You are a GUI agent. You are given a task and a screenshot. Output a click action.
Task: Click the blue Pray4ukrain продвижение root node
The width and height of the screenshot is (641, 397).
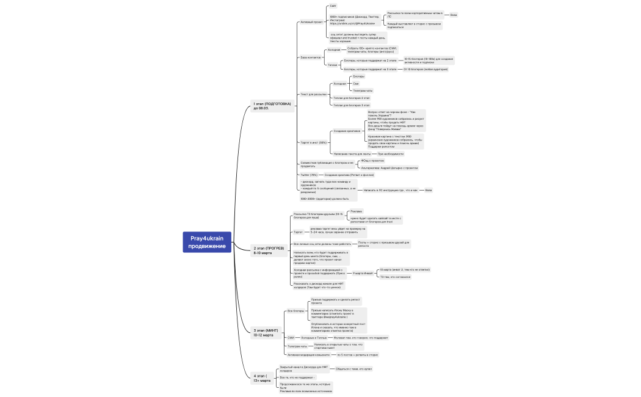(x=208, y=242)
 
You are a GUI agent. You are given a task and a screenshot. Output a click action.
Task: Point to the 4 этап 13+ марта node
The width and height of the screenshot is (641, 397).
(x=263, y=378)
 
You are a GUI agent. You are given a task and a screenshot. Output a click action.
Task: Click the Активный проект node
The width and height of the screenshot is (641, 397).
(x=311, y=21)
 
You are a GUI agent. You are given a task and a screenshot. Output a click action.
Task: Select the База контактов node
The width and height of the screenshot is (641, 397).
(x=310, y=57)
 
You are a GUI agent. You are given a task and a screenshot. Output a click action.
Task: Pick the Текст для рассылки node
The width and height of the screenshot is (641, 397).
(x=313, y=94)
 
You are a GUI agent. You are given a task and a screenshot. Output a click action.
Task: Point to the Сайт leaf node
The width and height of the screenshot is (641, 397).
(x=333, y=5)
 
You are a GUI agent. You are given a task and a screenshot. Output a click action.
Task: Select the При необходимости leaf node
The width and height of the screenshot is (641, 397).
(x=390, y=154)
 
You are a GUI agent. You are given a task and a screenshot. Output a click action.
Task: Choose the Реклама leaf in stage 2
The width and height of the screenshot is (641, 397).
(x=356, y=211)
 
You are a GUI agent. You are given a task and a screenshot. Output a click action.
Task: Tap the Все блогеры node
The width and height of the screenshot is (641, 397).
(x=295, y=311)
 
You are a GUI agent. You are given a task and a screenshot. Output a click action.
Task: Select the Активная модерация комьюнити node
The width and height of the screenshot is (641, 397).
(x=308, y=354)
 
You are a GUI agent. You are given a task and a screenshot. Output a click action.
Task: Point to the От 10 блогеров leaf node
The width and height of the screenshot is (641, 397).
(x=425, y=69)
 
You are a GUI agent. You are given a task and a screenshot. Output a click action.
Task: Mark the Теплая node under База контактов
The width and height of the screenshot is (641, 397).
(x=332, y=64)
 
